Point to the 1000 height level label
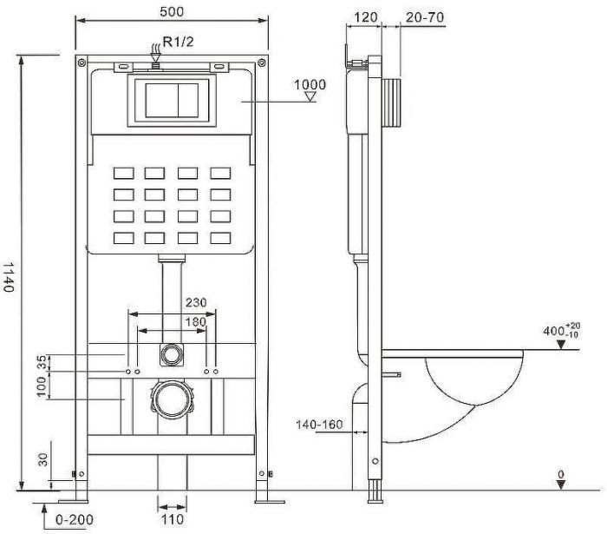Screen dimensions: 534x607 310,84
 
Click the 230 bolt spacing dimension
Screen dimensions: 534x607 195,303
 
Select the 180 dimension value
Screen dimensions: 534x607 195,322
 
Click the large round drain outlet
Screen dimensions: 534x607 171,402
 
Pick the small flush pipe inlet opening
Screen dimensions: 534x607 171,354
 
